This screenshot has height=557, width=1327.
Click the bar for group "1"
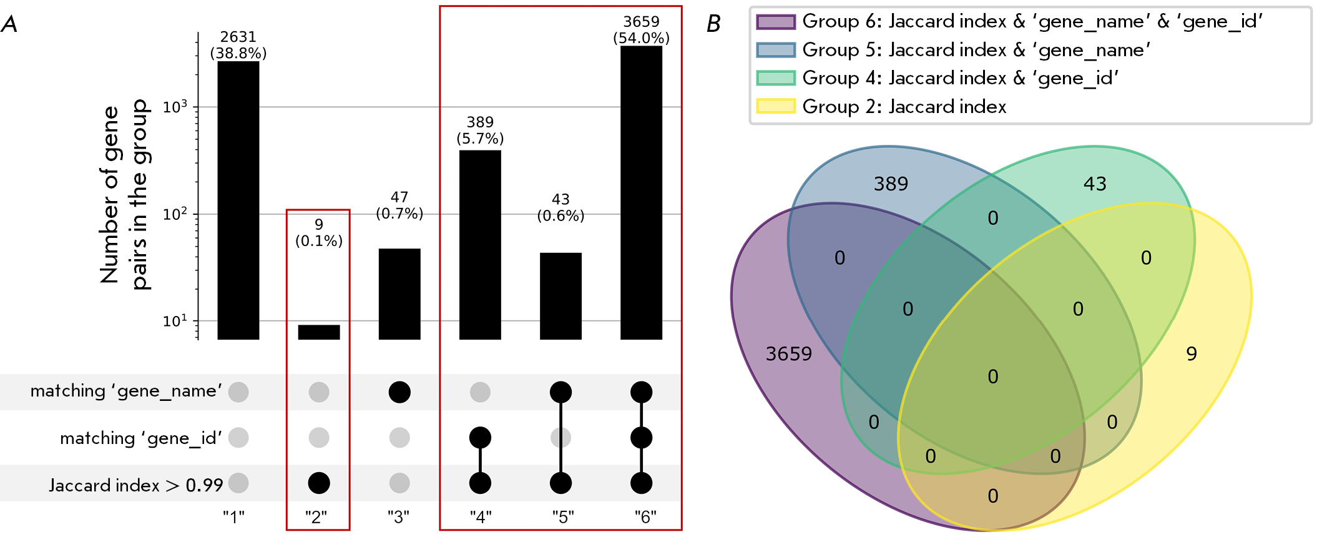238,200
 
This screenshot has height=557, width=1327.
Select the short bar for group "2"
319,332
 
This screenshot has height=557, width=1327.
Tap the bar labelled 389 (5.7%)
480,244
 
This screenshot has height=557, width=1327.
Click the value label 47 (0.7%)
399,205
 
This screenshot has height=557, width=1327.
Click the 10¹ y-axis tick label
175,322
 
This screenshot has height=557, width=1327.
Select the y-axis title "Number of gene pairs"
124,194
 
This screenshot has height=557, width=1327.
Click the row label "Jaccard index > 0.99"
135,485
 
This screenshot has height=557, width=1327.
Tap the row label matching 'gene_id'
141,438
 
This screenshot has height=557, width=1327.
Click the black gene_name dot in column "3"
399,392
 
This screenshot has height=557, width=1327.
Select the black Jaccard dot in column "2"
319,483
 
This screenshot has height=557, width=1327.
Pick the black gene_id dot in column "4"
480,437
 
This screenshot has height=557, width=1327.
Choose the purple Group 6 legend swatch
776,22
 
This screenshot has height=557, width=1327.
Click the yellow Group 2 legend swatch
776,106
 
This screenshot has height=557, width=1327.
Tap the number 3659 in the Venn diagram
789,354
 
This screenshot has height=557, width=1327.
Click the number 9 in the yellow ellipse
1192,354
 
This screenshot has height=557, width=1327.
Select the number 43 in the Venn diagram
1095,184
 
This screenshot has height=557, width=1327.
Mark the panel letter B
713,24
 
